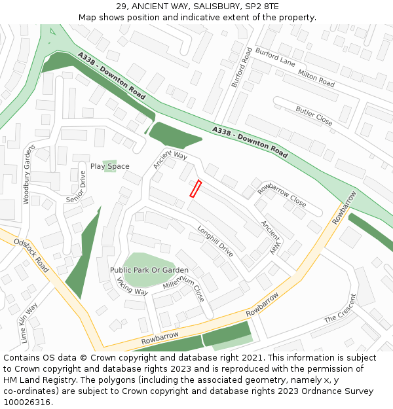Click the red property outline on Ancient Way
(195, 188)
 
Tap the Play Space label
(110, 166)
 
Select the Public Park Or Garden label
(149, 270)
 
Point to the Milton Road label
(316, 79)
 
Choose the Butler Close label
(314, 115)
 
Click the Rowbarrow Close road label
(282, 195)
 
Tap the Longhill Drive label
(215, 241)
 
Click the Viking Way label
(132, 286)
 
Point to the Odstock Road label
(31, 255)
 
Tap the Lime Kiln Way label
(29, 323)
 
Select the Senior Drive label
(75, 188)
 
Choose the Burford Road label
(241, 67)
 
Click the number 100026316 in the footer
(26, 402)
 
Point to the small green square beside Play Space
(110, 162)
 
